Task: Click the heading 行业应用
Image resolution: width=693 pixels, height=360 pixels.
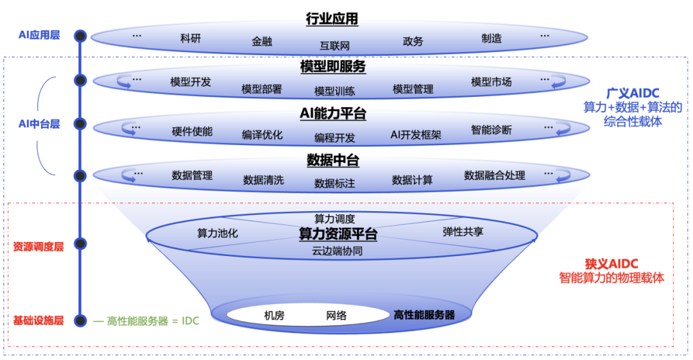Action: (x=332, y=19)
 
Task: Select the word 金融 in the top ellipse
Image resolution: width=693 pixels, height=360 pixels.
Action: (x=262, y=42)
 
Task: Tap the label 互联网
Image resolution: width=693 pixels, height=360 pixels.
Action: (x=334, y=46)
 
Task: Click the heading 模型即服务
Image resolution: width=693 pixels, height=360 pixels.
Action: (x=332, y=67)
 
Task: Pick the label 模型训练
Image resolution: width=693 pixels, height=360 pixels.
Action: (x=334, y=90)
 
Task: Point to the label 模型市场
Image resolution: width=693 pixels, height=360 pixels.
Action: (x=491, y=82)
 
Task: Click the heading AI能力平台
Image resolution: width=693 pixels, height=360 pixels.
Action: (x=332, y=114)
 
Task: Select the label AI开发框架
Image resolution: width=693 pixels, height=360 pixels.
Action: (x=416, y=135)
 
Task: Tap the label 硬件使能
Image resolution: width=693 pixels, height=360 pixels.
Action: (x=192, y=132)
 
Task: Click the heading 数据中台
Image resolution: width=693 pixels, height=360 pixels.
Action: (x=332, y=159)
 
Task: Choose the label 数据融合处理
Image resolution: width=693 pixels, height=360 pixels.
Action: (x=494, y=175)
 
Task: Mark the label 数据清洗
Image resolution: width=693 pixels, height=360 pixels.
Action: (x=263, y=180)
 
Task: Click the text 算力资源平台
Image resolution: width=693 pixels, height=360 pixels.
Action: (x=338, y=234)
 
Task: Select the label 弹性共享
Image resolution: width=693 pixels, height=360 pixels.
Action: (x=463, y=231)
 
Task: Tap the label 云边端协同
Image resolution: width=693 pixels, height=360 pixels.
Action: (x=338, y=251)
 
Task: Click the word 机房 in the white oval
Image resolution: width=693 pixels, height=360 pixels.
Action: (x=275, y=315)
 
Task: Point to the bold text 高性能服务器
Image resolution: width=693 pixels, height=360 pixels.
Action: (x=424, y=315)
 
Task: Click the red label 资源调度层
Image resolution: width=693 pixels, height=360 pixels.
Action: (x=38, y=245)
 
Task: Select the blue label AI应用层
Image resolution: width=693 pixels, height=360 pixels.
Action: (x=38, y=35)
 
